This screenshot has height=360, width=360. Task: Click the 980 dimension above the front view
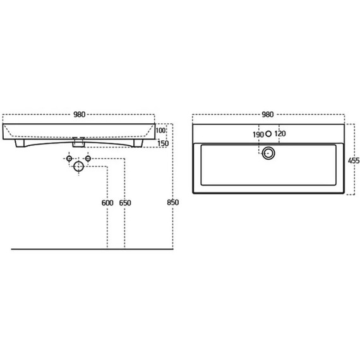pos(80,114)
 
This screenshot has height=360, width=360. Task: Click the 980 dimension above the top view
pos(268,114)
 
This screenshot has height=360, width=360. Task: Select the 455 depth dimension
pos(354,160)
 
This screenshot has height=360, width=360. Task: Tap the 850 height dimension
pos(173,203)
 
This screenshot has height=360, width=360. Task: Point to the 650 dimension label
pos(125,203)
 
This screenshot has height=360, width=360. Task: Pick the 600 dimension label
pos(107,203)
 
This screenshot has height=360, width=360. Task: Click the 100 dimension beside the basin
pos(160,130)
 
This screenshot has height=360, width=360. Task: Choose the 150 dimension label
pos(163,143)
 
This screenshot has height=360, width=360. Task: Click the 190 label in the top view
pos(258,135)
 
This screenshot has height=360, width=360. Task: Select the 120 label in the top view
pos(280,134)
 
